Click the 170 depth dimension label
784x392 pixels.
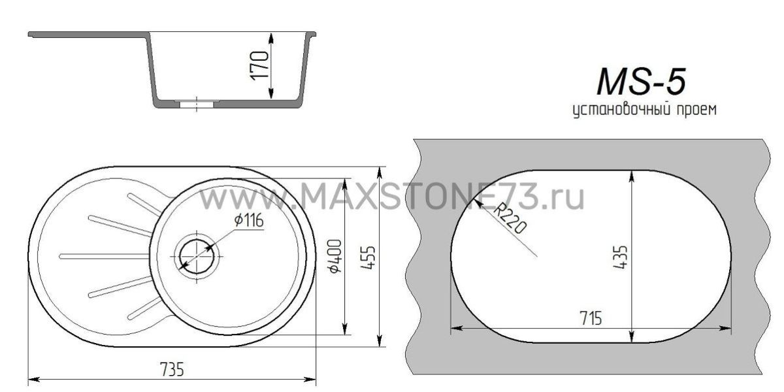[260, 66]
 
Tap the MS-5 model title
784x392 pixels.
[641, 82]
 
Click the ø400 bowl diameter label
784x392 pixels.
[335, 256]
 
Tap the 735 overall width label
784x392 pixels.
[172, 369]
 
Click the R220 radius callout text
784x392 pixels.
[510, 220]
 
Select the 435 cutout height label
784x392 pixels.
[621, 257]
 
